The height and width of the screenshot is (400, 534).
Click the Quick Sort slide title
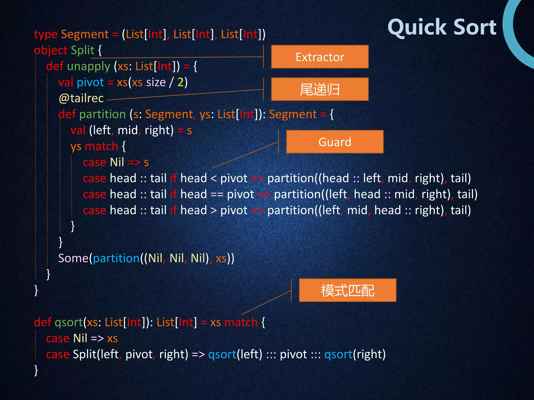click(442, 27)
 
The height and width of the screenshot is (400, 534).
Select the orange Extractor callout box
click(320, 57)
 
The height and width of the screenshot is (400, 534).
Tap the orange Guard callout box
click(335, 142)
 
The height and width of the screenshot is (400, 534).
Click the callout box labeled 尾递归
click(320, 89)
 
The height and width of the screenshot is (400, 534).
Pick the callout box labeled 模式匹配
click(348, 290)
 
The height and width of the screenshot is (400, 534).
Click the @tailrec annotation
click(81, 98)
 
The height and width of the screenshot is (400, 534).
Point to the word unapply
click(89, 66)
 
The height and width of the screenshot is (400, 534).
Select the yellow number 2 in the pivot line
click(180, 82)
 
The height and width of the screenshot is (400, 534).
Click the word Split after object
click(82, 50)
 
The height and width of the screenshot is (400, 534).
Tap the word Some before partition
click(73, 258)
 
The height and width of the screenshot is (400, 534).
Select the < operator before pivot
click(214, 179)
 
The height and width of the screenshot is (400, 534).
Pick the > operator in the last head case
click(214, 210)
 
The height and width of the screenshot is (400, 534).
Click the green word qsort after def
click(69, 323)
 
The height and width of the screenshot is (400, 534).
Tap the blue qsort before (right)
click(338, 354)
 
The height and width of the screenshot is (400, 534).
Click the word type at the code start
click(46, 35)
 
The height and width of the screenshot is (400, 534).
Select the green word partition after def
click(102, 114)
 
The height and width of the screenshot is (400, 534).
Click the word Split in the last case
click(84, 354)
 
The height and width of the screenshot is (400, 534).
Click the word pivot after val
click(90, 82)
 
